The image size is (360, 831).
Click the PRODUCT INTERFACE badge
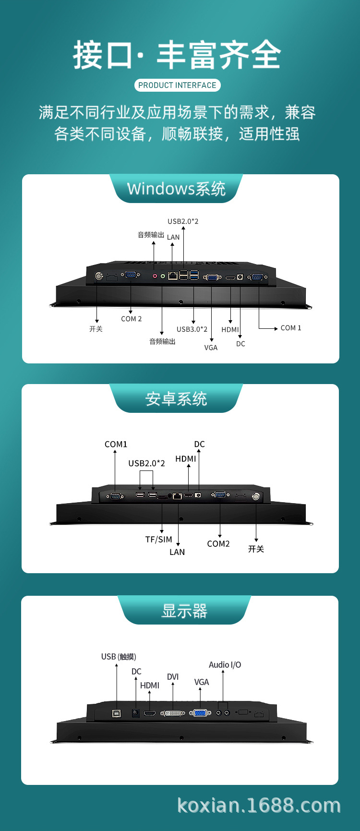coord(177,85)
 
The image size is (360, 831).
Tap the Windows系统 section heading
coord(176,189)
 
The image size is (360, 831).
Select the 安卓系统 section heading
coord(176,399)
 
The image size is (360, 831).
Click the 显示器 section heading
coord(184,611)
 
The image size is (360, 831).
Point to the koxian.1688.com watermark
coord(259,806)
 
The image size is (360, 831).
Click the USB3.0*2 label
coord(192,329)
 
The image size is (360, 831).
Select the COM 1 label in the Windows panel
coord(291,328)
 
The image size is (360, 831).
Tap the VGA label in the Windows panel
coord(211,348)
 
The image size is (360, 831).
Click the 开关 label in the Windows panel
coord(96,329)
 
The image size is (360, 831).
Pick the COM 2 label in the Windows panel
coord(131,319)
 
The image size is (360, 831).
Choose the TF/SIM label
coord(158,540)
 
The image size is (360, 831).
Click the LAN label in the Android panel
coord(177,552)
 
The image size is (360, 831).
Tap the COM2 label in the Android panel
coord(218,544)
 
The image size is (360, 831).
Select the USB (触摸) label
coord(119,657)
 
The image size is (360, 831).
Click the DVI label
coord(173,677)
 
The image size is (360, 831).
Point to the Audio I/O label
coord(225,665)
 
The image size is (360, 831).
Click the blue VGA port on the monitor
coord(200,713)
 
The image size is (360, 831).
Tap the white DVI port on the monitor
coord(172,713)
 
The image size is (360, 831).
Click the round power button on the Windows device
coord(99,276)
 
